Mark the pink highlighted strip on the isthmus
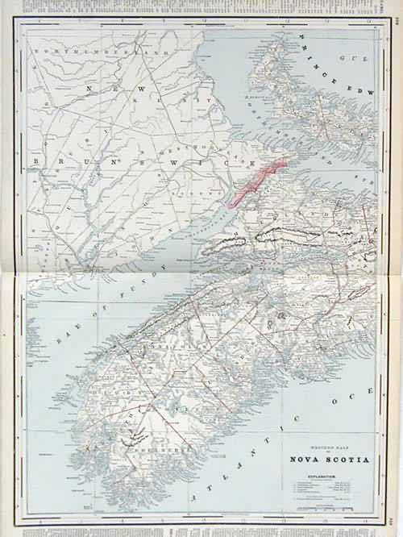point(256,183)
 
